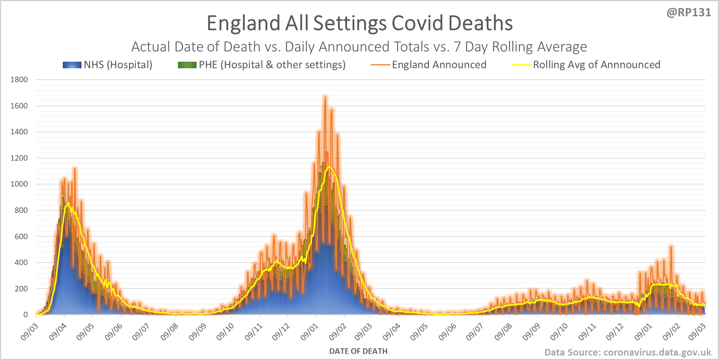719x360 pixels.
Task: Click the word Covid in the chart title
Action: pos(418,23)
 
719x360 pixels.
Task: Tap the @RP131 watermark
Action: pos(689,12)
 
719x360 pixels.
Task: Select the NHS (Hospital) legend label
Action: pos(118,65)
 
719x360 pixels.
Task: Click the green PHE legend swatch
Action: pos(187,65)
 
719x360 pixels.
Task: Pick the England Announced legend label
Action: pos(439,65)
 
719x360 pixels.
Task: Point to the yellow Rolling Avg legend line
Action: pos(521,65)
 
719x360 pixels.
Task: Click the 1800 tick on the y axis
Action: pos(19,80)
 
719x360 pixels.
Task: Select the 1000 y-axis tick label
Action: pos(19,184)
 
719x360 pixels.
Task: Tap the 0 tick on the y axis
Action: pos(26,315)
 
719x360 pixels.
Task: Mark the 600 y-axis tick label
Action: pos(21,236)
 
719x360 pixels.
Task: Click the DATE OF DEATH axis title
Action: pos(358,351)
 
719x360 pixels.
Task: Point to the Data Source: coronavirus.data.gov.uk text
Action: pos(628,352)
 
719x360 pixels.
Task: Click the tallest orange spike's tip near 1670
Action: pos(325,97)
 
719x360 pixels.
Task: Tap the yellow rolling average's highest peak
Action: pos(329,167)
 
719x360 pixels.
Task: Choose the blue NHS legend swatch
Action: pos(72,65)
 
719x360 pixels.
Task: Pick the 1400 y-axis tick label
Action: pos(19,132)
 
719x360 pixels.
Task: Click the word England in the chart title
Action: pos(244,23)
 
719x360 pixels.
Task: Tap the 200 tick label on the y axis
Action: pos(21,288)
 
